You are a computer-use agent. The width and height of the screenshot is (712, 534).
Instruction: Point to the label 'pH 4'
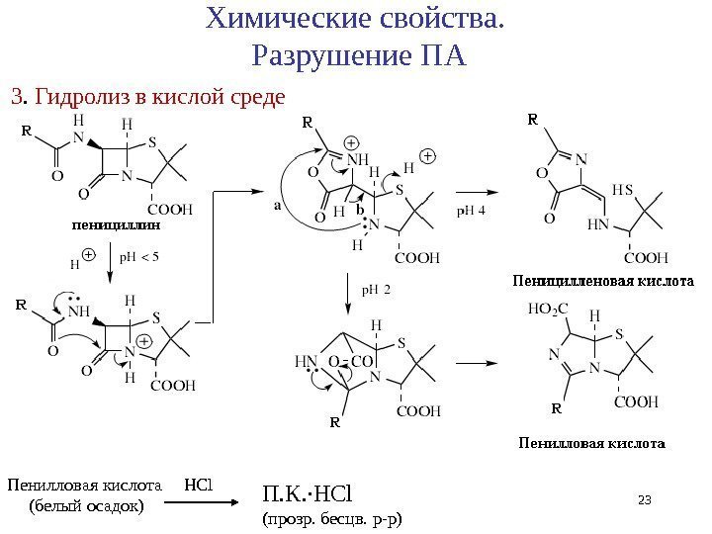point(471,210)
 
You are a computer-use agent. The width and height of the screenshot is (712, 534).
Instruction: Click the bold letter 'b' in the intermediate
point(360,212)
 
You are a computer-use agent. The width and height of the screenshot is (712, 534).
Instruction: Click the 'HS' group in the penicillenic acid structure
point(624,189)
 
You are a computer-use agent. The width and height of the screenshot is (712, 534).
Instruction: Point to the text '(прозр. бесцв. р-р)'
point(331,517)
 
